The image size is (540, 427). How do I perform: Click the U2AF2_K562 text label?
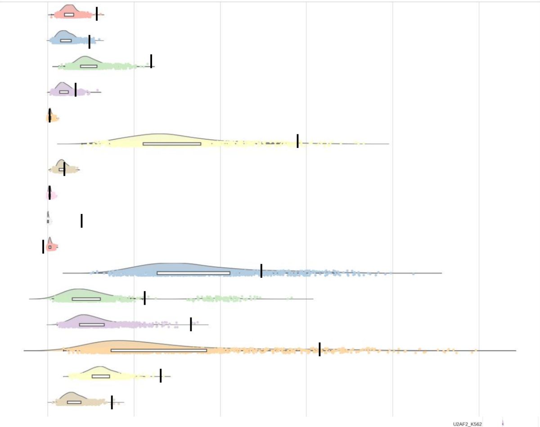(468, 424)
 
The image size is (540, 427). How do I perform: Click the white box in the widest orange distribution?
(159, 350)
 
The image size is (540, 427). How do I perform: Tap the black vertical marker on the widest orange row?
(319, 349)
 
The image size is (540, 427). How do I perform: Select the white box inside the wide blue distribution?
(193, 273)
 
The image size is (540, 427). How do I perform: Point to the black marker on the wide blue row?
(261, 271)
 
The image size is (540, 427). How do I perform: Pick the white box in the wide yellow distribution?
(172, 144)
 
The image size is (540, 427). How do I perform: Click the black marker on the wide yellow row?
(297, 141)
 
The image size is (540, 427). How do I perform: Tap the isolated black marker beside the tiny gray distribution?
(81, 221)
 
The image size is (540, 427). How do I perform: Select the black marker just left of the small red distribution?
(43, 246)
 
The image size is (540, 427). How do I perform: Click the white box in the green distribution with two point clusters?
(86, 299)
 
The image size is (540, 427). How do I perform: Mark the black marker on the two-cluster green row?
(144, 298)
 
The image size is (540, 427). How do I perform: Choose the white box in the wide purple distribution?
(92, 325)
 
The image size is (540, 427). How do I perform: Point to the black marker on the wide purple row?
(191, 324)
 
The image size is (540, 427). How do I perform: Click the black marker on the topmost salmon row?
(97, 14)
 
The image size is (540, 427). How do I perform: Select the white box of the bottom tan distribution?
(74, 402)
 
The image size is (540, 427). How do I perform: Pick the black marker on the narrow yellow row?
(161, 375)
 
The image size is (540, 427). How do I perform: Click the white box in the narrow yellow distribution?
(101, 376)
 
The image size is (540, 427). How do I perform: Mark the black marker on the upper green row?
(151, 61)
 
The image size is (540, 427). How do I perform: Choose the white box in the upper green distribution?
(89, 66)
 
